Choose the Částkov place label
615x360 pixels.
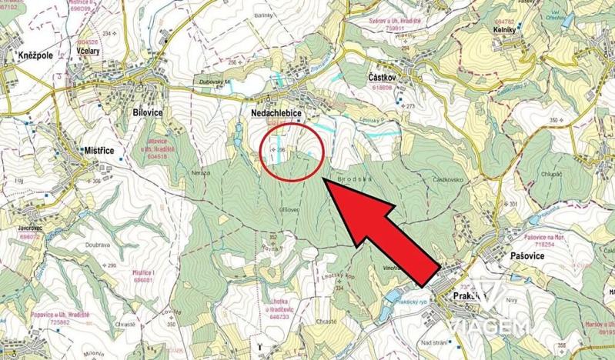point(382,78)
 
